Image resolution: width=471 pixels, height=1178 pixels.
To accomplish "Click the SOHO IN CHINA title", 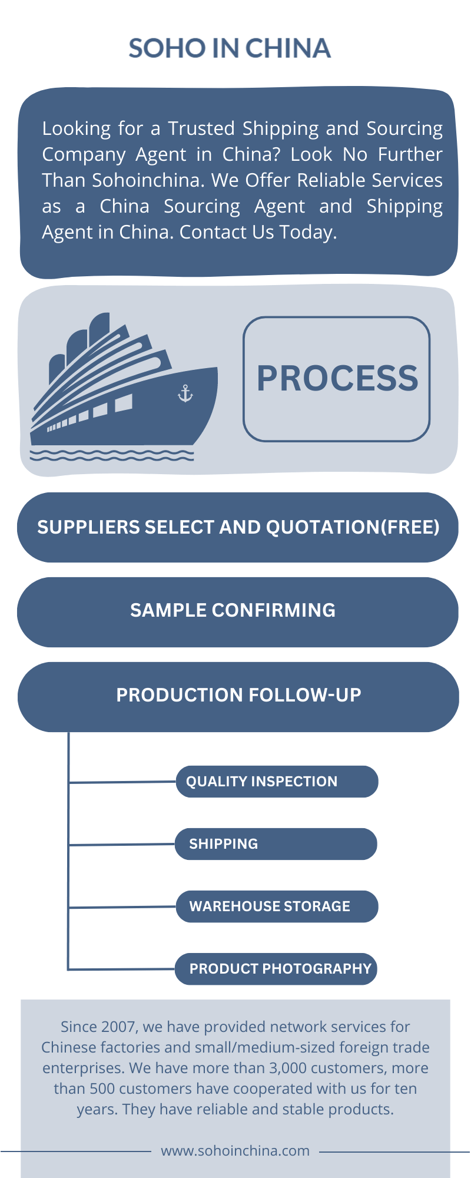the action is coord(230,48).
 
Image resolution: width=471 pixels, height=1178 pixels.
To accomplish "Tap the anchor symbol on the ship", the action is coord(185,393).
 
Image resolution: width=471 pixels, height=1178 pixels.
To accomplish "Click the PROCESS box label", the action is coord(337,379).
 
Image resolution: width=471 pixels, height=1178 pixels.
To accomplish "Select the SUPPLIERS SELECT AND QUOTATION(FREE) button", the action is coord(238,527).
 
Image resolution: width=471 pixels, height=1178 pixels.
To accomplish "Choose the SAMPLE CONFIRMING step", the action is coord(238,612).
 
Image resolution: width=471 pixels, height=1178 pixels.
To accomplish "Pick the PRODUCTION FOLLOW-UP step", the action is coord(238,697).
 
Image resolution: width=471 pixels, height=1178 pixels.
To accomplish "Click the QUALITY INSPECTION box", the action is coord(277,782).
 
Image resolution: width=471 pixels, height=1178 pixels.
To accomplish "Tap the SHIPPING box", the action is coord(276,844).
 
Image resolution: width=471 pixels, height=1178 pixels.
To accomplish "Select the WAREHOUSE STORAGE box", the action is coord(277,906).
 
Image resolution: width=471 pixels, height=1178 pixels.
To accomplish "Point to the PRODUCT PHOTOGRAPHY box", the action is coord(276,969).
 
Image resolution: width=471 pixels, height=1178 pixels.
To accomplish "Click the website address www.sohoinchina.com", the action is coord(235,1151).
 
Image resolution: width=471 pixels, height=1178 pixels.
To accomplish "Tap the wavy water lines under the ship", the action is coord(112,455).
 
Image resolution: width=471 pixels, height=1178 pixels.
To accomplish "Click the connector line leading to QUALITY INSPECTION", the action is coord(122,782).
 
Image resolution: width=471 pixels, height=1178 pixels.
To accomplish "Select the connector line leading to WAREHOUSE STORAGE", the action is coord(122,907).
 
